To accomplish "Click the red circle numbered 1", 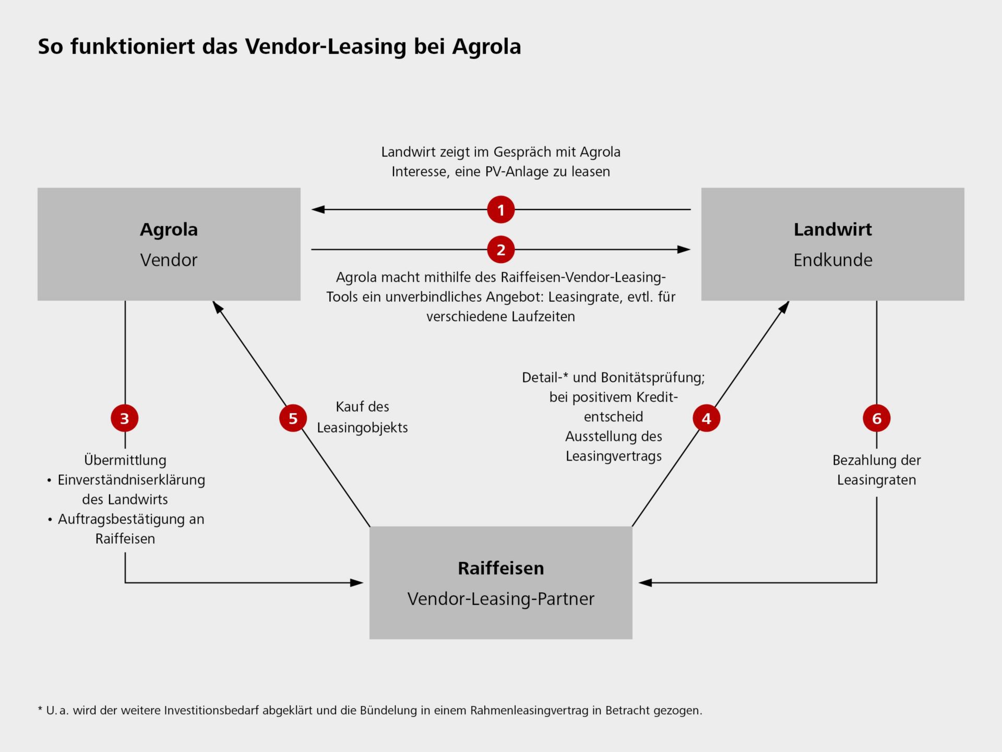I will pos(500,210).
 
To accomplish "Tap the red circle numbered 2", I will pos(500,250).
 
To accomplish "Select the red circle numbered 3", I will pos(125,418).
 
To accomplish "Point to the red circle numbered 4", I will pos(706,418).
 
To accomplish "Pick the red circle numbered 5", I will pos(293,418).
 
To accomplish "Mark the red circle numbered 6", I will pos(877,418).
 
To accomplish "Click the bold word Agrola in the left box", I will pos(169,229).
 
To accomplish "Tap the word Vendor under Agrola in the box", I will pos(169,260).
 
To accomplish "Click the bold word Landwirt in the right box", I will pos(832,229).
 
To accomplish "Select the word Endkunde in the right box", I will pos(832,260).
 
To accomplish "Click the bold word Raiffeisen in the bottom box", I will pos(500,568).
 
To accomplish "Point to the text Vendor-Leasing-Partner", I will pos(500,599).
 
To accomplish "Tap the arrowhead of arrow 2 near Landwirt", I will pos(684,250).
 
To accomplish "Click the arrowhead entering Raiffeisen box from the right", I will pos(645,583).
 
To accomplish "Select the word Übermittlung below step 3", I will pos(125,461).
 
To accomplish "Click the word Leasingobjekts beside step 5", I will pos(362,428).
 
